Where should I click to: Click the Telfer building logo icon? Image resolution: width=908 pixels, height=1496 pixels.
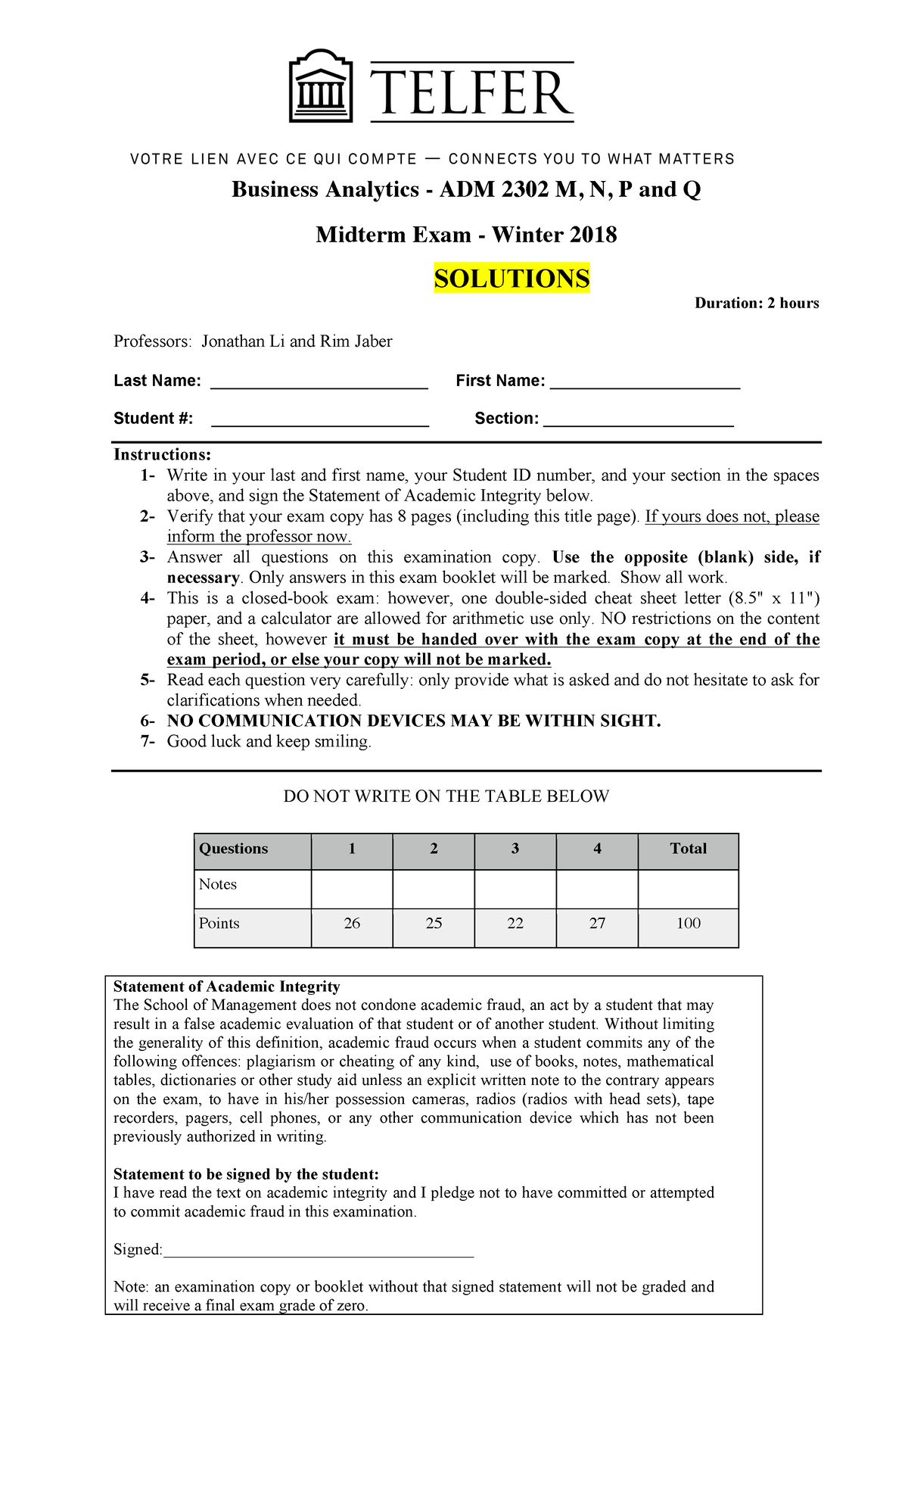pyautogui.click(x=322, y=86)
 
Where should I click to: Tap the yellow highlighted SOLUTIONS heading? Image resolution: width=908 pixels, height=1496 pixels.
pyautogui.click(x=512, y=279)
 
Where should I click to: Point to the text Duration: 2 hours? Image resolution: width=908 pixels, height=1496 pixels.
pyautogui.click(x=757, y=304)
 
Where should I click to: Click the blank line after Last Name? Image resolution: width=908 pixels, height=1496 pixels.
pyautogui.click(x=319, y=383)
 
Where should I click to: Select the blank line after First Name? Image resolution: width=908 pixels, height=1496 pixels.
pyautogui.click(x=644, y=383)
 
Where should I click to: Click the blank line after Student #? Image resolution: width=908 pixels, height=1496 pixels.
pyautogui.click(x=319, y=421)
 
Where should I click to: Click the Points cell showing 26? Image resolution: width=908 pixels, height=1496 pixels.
pyautogui.click(x=352, y=924)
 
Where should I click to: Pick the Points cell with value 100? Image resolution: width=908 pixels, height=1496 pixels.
pyautogui.click(x=688, y=924)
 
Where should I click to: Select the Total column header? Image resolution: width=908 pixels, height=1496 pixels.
pyautogui.click(x=688, y=849)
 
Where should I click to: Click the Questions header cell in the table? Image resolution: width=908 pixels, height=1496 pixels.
pyautogui.click(x=234, y=849)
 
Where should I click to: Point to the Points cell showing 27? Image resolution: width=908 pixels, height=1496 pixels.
pyautogui.click(x=597, y=924)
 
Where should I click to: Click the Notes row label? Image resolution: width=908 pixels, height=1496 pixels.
pyautogui.click(x=218, y=884)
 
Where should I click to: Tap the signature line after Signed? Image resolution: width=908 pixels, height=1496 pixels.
pyautogui.click(x=318, y=1251)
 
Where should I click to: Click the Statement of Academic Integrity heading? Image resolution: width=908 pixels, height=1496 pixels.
pyautogui.click(x=226, y=986)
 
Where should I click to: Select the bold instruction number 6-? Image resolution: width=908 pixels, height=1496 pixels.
pyautogui.click(x=148, y=721)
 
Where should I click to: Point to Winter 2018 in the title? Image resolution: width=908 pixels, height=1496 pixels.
pyautogui.click(x=555, y=235)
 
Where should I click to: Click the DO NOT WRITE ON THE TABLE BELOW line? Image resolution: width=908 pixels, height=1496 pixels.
pyautogui.click(x=446, y=796)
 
